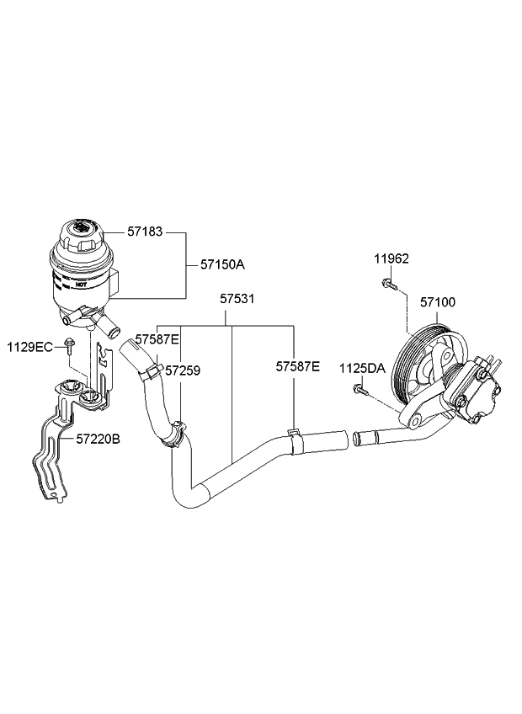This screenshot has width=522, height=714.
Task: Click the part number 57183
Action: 145,230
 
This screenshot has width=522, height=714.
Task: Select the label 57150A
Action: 222,264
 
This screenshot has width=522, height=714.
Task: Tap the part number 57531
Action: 238,298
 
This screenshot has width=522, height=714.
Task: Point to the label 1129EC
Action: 29,346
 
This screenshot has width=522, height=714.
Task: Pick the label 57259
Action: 182,370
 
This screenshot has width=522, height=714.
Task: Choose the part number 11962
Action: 391,258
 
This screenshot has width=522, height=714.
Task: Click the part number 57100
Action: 438,301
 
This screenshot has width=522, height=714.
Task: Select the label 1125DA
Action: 362,368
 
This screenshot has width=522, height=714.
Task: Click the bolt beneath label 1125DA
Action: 359,389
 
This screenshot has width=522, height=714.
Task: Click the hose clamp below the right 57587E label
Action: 294,435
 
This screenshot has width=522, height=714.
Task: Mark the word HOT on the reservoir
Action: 81,285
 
